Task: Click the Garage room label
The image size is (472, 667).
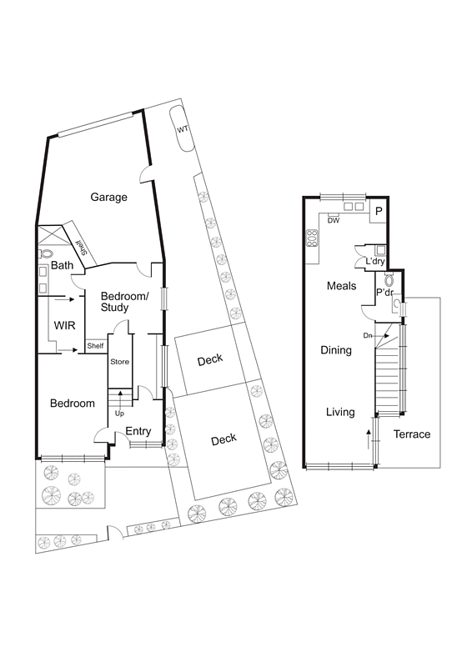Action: coord(109,198)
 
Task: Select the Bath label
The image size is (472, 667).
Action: coord(63,266)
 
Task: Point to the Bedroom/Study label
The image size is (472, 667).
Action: coord(124,302)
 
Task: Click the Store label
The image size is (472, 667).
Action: coord(120,362)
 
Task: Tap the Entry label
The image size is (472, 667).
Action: coord(138,431)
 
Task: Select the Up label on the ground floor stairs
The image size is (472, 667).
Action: coord(120,414)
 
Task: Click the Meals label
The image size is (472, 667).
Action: coord(342,286)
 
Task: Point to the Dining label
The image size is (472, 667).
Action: coord(336,350)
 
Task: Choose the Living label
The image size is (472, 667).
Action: coord(340,412)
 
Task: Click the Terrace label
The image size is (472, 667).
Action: coord(412,434)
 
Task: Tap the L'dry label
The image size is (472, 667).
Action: coord(375,262)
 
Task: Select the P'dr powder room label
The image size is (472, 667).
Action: coord(384,293)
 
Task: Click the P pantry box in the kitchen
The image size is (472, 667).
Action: coord(379,212)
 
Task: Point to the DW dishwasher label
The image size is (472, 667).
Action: coord(333,221)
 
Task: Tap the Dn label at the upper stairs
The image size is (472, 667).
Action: coord(367,336)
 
